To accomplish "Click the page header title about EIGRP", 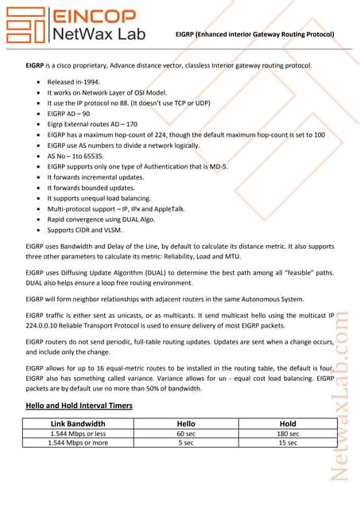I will click(254, 34).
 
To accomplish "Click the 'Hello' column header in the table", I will click(186, 423).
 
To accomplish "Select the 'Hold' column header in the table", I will click(288, 423).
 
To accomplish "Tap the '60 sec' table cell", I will click(186, 433).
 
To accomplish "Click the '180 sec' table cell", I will click(288, 433).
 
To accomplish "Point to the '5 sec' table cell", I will click(186, 442).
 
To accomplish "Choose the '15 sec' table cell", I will click(288, 442).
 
